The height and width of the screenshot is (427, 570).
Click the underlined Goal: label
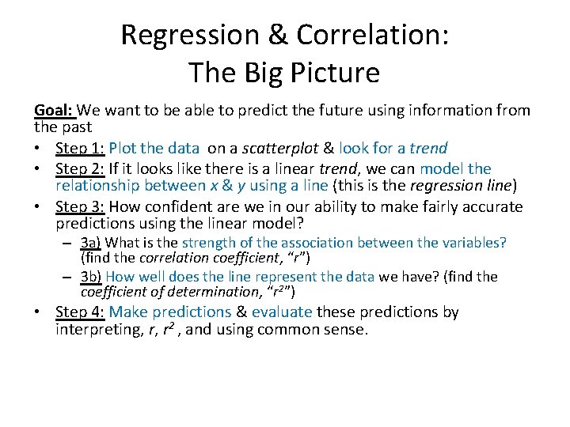[55, 110]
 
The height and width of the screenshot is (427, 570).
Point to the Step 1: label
[80, 148]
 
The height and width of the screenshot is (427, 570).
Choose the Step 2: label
[80, 168]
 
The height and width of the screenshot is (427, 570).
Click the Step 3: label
[80, 207]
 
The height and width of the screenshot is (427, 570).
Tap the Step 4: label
[80, 312]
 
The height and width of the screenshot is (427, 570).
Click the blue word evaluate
[281, 312]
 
